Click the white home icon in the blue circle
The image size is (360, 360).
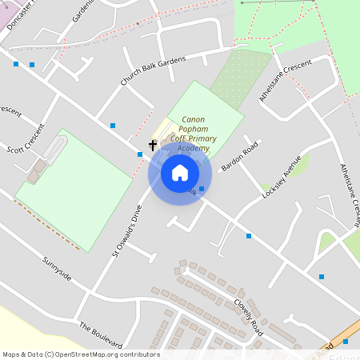[180, 173]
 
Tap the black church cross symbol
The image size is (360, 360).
[153, 146]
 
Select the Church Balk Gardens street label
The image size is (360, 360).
[153, 70]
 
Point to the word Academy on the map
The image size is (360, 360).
[194, 148]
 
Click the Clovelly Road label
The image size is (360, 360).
[248, 315]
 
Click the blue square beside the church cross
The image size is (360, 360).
[140, 154]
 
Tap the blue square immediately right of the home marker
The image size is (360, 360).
[202, 189]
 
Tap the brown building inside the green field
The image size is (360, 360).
[36, 170]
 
